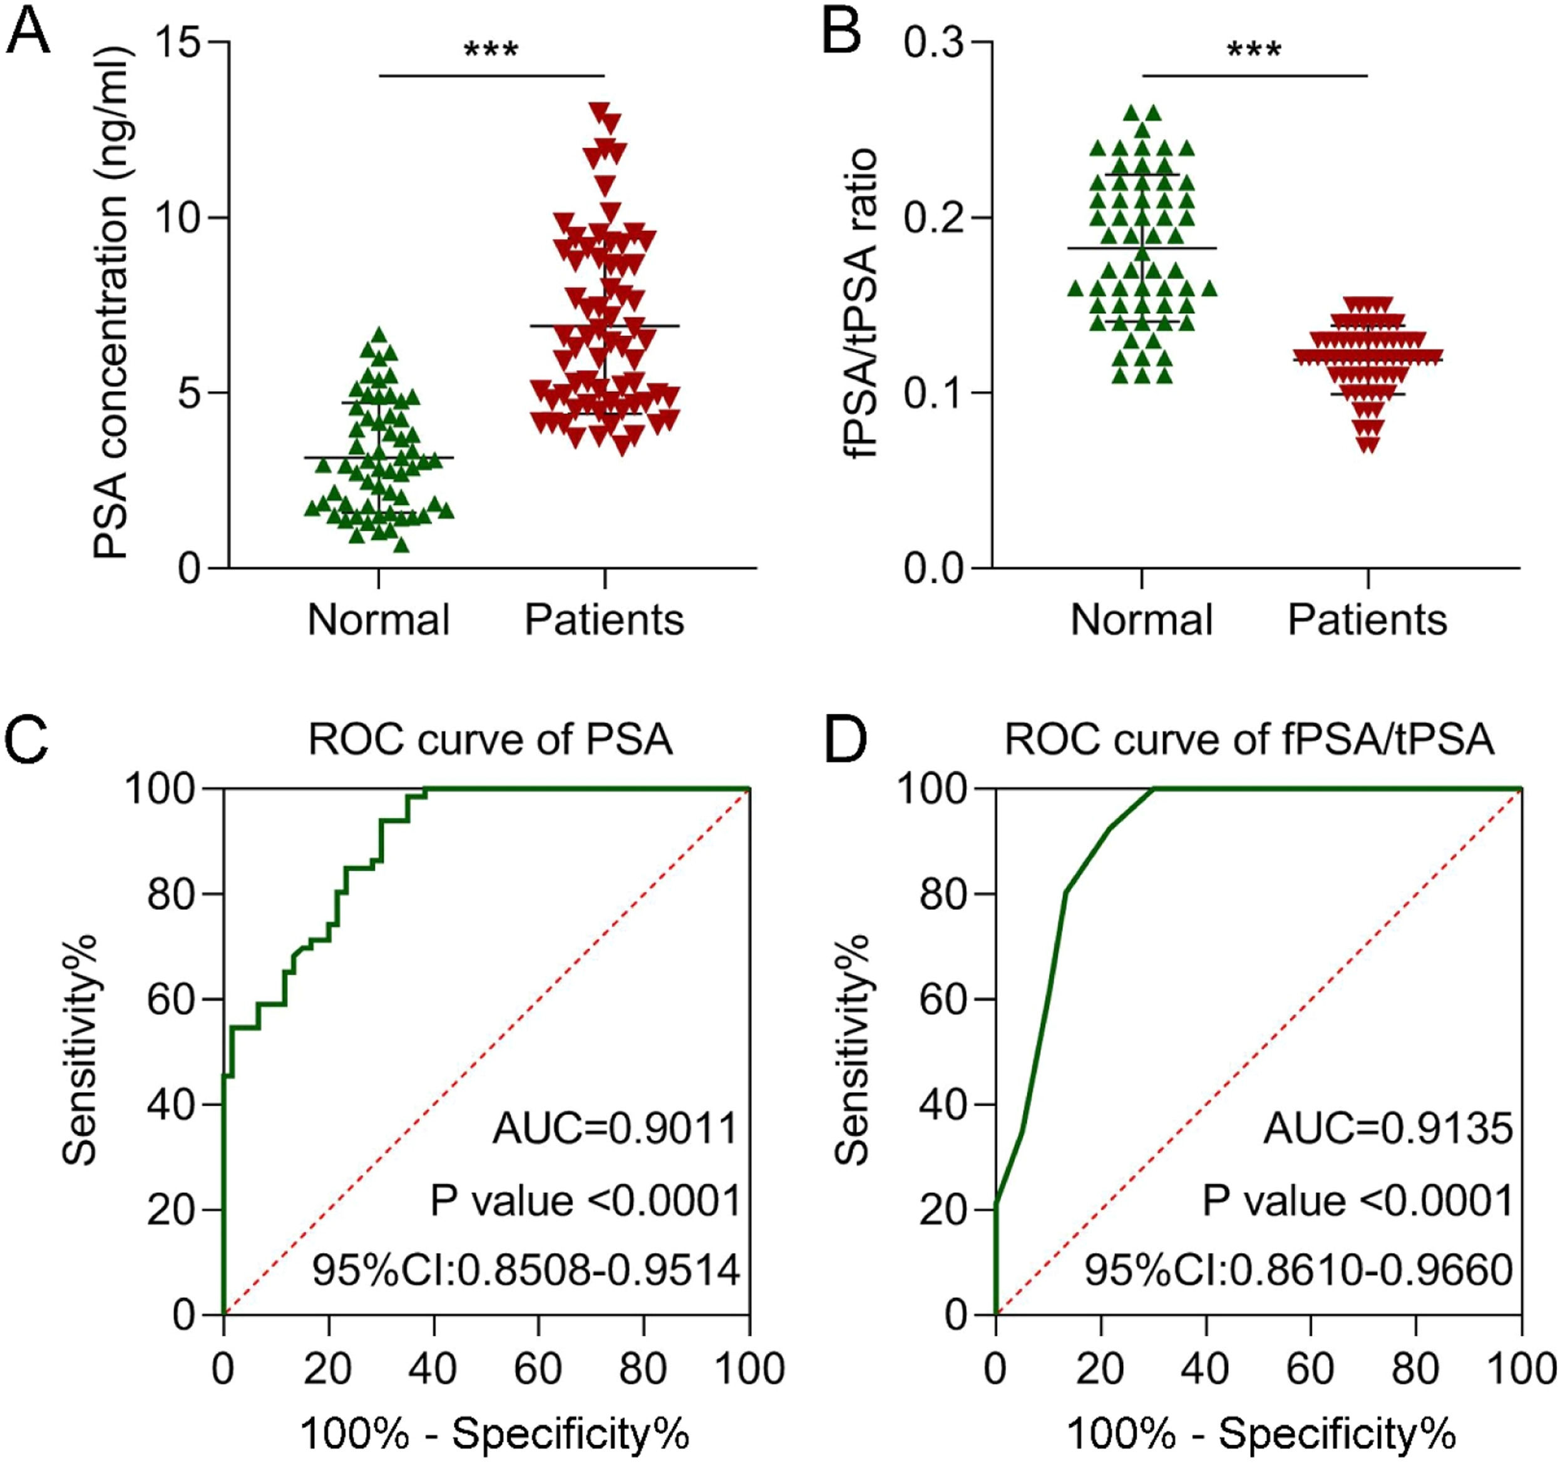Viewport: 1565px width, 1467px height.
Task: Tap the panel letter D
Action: point(844,742)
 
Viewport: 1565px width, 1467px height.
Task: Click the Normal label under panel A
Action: point(379,620)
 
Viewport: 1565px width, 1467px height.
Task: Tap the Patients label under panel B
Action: point(1367,620)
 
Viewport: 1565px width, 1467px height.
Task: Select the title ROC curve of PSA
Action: point(490,740)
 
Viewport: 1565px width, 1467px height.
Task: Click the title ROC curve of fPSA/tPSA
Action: point(1249,740)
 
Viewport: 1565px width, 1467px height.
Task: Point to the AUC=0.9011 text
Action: point(615,1128)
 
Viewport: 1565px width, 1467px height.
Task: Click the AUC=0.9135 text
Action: point(1388,1128)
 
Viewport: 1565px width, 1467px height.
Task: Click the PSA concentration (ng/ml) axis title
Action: point(111,303)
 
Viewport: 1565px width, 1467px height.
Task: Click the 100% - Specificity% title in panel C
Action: point(495,1433)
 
